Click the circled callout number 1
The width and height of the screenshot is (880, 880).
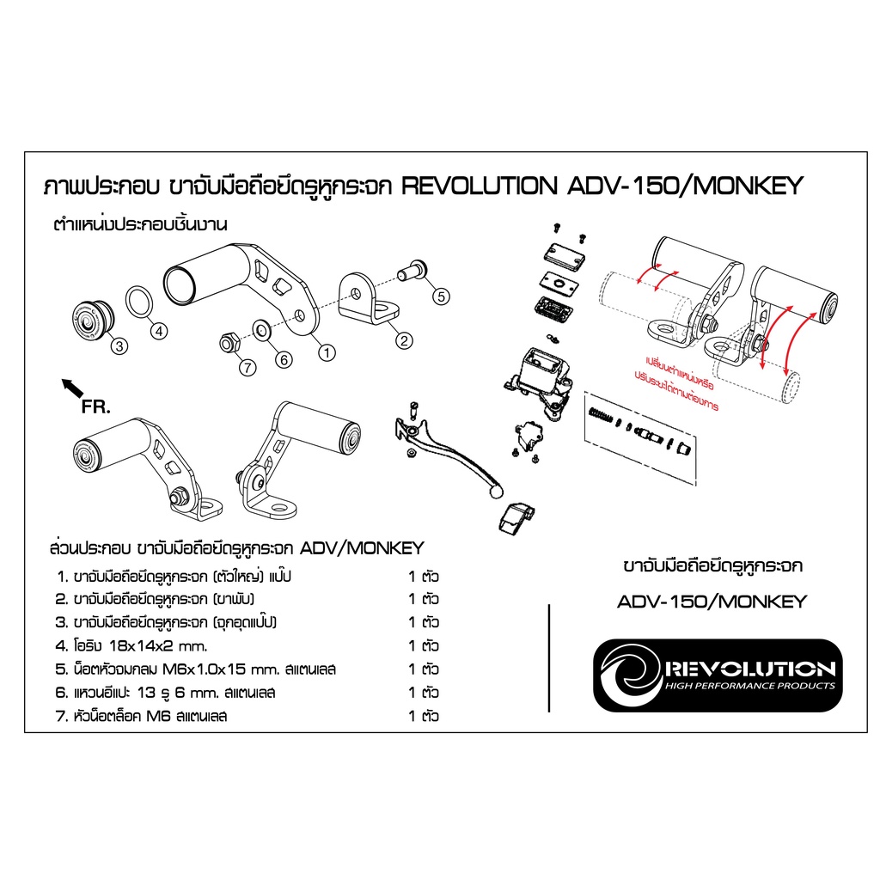point(327,352)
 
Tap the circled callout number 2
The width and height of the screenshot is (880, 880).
point(404,340)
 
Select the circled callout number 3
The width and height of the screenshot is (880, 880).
point(119,345)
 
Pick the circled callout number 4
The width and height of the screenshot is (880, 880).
point(159,331)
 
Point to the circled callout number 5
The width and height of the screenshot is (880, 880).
point(441,296)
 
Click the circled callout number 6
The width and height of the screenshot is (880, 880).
point(284,360)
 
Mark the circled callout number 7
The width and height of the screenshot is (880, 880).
point(247,368)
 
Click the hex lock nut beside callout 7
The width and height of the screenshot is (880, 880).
point(229,342)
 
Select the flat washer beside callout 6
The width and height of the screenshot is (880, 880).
point(262,331)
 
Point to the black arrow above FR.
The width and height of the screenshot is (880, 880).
point(72,388)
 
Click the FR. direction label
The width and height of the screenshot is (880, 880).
point(96,406)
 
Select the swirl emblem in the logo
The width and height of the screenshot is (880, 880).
point(631,675)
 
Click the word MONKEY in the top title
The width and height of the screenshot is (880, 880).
point(749,186)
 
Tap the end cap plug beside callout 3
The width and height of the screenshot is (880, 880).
point(93,318)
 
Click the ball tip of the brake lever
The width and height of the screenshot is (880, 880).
point(497,492)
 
